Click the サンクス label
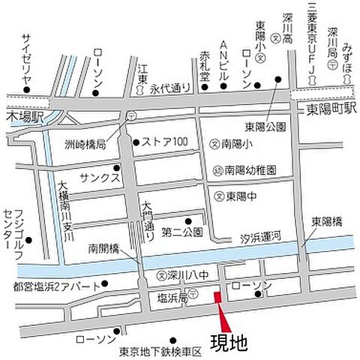point(103,170)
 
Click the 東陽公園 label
point(265,127)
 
